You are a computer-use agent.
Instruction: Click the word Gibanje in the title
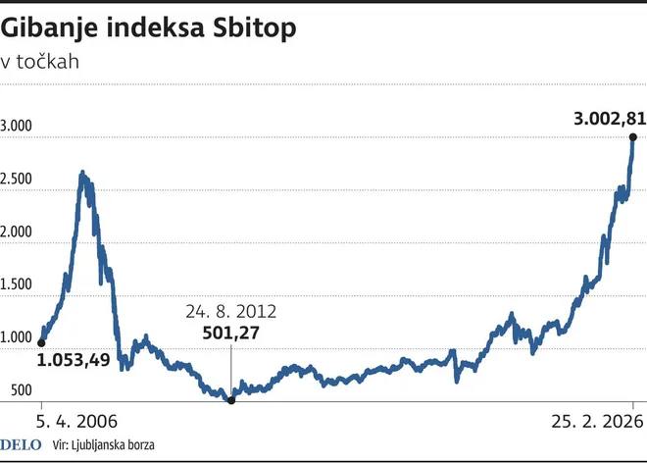pyautogui.click(x=50, y=29)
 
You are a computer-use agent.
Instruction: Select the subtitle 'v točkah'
pyautogui.click(x=40, y=62)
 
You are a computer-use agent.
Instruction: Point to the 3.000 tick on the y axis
pyautogui.click(x=18, y=127)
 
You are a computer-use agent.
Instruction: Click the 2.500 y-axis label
pyautogui.click(x=18, y=180)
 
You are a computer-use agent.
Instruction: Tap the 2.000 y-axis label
pyautogui.click(x=18, y=232)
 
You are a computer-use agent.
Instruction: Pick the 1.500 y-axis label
pyautogui.click(x=18, y=285)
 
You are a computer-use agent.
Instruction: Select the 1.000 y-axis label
pyautogui.click(x=18, y=338)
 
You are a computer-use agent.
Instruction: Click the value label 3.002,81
pyautogui.click(x=609, y=119)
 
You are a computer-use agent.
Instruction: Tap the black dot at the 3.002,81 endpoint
pyautogui.click(x=633, y=137)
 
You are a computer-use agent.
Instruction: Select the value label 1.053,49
pyautogui.click(x=74, y=361)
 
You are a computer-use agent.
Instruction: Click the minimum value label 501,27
pyautogui.click(x=230, y=334)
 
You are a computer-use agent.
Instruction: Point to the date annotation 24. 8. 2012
pyautogui.click(x=230, y=312)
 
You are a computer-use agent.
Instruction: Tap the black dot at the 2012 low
pyautogui.click(x=231, y=399)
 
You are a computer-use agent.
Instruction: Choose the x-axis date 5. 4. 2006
pyautogui.click(x=76, y=423)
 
